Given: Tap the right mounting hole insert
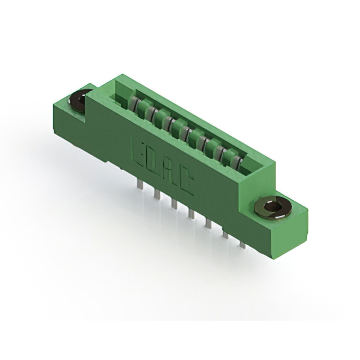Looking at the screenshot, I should (273, 208).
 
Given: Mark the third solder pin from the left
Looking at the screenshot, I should (173, 204).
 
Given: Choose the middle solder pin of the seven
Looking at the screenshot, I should (191, 214).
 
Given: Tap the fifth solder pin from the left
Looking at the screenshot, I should (208, 224).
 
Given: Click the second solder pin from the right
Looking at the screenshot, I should (226, 234).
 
